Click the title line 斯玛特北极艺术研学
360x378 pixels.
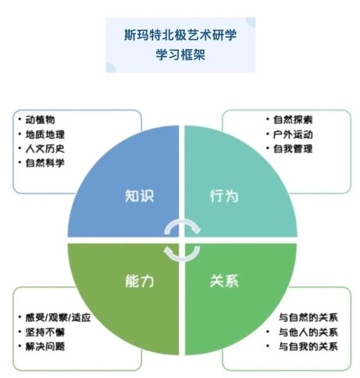click(x=181, y=35)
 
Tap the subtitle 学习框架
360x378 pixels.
click(x=181, y=55)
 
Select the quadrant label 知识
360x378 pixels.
click(x=139, y=196)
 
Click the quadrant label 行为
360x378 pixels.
click(x=224, y=196)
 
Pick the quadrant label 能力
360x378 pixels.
click(x=139, y=281)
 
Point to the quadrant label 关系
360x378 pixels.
click(x=224, y=281)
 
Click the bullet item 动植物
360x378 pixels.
click(x=40, y=119)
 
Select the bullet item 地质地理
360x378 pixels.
click(x=45, y=134)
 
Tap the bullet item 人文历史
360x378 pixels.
click(x=45, y=148)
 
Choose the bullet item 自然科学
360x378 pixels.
click(x=45, y=163)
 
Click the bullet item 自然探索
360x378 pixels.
click(x=293, y=120)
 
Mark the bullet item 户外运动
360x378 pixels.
click(x=293, y=134)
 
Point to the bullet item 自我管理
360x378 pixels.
click(x=293, y=149)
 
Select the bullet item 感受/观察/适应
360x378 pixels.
click(x=58, y=317)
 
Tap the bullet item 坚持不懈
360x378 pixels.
click(x=45, y=333)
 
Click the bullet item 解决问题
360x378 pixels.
click(x=45, y=346)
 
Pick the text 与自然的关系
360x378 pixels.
click(x=308, y=317)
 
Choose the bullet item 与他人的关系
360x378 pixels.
click(x=308, y=332)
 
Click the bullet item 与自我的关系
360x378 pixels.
click(x=308, y=346)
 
